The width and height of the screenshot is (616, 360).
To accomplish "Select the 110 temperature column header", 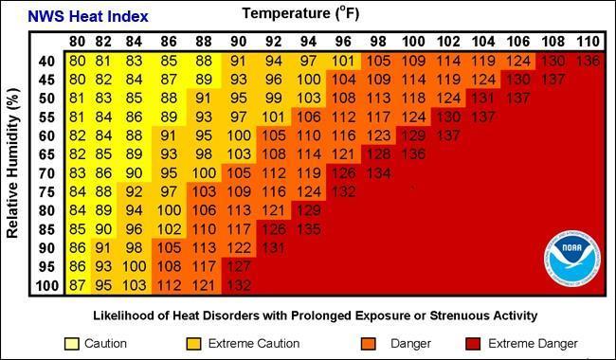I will pos(587,42).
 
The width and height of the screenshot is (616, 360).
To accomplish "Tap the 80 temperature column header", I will pos(78,42).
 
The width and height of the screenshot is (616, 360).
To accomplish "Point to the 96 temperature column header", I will pos(343,42).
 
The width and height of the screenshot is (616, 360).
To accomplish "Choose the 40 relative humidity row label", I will pos(45,62).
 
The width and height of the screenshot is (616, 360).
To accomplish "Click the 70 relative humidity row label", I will pos(45,173).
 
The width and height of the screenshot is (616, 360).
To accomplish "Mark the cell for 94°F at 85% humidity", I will pos(309,229).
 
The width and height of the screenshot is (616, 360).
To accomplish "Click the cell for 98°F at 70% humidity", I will pos(378,173).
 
